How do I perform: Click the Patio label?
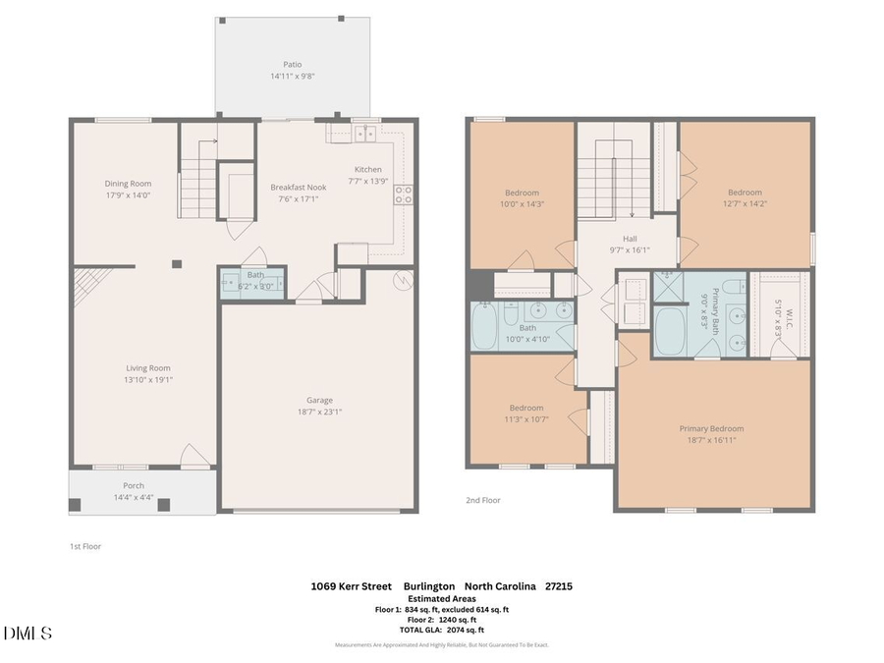point(292,65)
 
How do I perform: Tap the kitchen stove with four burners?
point(403,193)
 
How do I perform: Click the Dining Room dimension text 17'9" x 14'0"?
point(128,194)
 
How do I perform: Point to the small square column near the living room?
point(177,263)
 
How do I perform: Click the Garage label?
point(319,400)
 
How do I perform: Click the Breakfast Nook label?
point(299,187)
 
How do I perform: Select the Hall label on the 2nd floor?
point(630,238)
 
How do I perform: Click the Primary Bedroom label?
point(711,428)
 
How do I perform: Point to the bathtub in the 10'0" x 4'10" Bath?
point(484,328)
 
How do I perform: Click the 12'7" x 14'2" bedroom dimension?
point(745,204)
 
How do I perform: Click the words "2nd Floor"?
point(483,500)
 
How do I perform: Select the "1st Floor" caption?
point(84,546)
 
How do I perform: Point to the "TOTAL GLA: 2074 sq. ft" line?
point(441,630)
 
